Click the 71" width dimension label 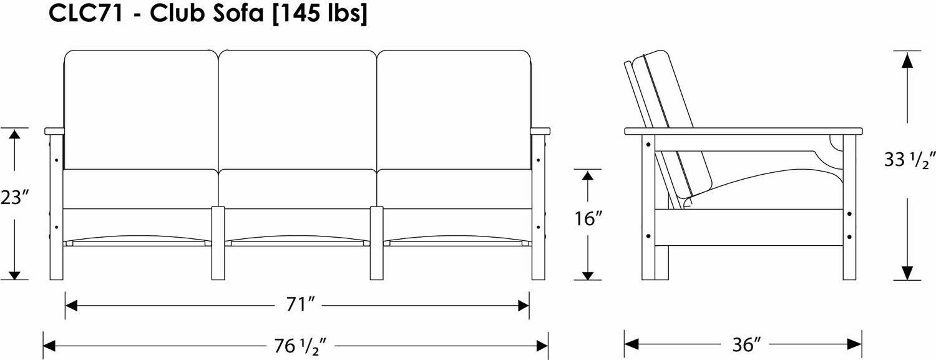300,304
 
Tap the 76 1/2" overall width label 300,346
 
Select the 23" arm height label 16,197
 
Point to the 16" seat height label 588,218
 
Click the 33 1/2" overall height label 907,160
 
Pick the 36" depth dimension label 746,344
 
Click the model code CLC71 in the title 85,13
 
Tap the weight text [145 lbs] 319,14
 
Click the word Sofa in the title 238,13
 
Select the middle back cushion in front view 298,110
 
